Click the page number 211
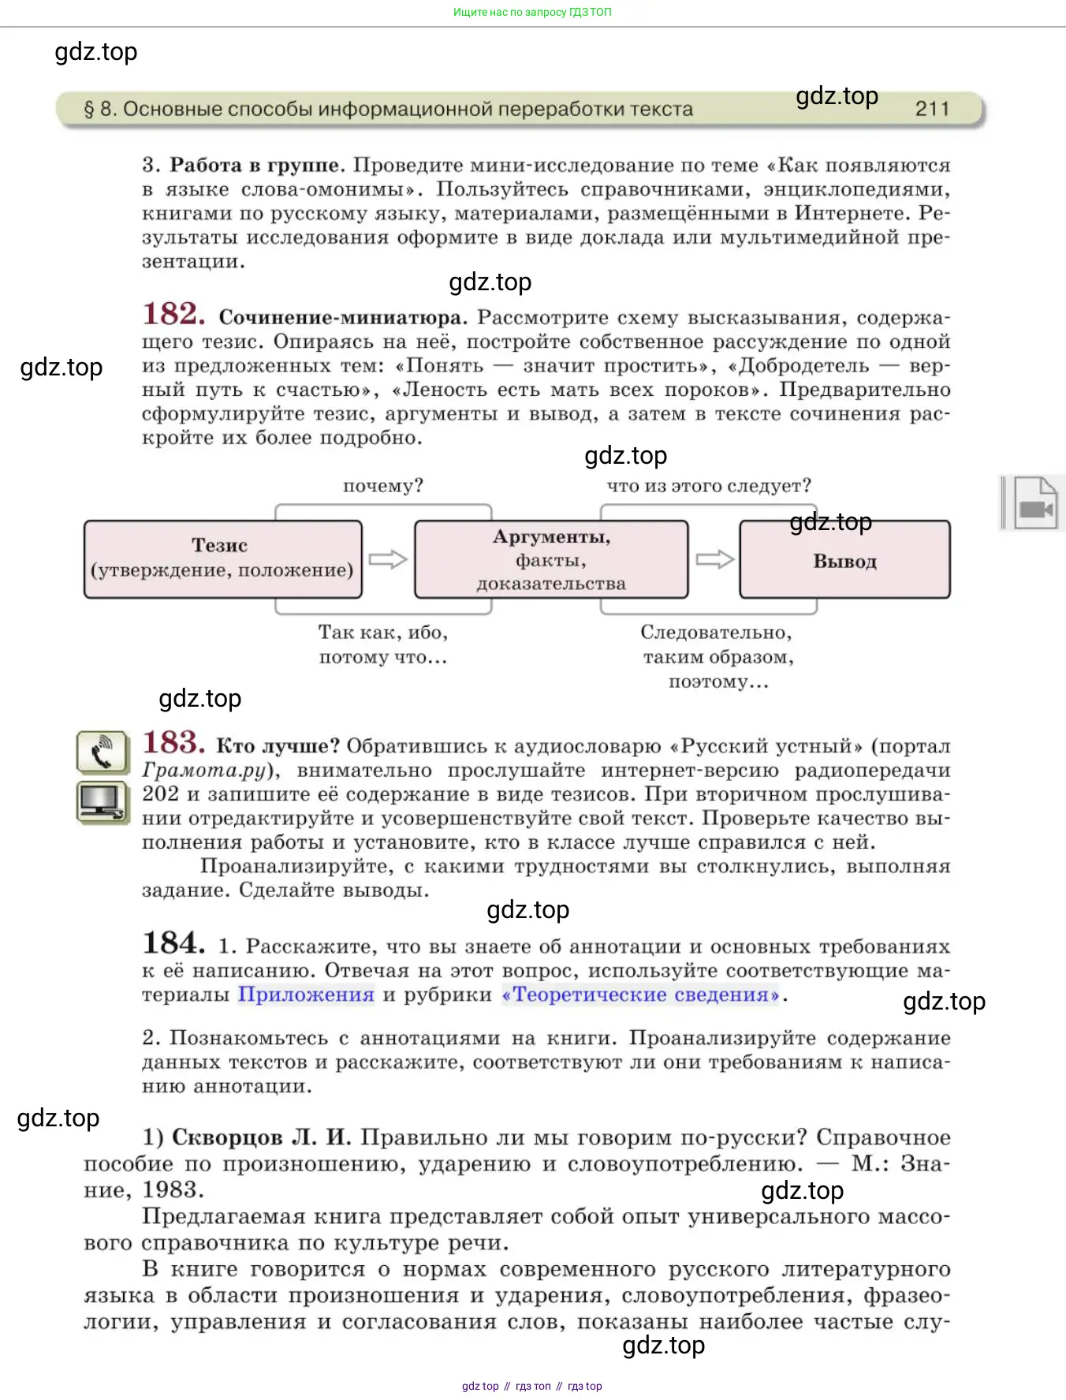point(932,109)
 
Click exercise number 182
point(173,314)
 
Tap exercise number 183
point(173,743)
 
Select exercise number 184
point(173,943)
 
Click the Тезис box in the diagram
point(222,558)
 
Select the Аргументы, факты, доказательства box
point(550,559)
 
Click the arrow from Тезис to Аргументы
point(388,559)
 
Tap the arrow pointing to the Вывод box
point(714,559)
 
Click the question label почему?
point(382,486)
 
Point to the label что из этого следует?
point(708,486)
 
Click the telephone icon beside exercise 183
point(102,752)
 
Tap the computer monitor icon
point(102,802)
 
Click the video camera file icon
point(1034,503)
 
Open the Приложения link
point(306,995)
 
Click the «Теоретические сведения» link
point(641,995)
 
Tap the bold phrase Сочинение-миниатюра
point(342,317)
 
